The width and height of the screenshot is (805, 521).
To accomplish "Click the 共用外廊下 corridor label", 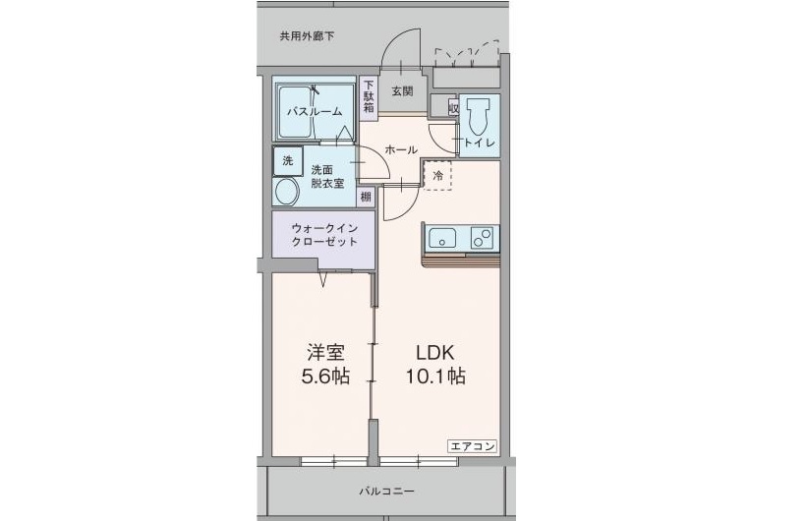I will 307,37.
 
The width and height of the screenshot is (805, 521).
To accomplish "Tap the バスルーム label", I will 314,111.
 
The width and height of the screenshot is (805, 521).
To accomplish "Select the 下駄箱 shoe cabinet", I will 369,97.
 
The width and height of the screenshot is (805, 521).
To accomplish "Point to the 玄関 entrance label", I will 401,91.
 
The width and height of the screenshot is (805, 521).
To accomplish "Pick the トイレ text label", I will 480,144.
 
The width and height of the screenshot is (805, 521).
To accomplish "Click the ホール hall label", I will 401,149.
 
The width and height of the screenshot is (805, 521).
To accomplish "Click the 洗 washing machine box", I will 287,160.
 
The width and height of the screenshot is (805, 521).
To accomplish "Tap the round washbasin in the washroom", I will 287,191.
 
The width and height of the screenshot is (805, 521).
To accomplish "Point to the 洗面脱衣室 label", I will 327,176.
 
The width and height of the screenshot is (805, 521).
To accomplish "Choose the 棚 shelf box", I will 366,196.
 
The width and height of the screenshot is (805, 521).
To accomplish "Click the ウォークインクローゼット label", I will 322,235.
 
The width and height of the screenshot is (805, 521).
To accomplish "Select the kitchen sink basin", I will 441,237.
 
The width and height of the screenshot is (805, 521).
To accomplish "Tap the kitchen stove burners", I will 482,237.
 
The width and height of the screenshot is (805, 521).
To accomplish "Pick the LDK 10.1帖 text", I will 433,364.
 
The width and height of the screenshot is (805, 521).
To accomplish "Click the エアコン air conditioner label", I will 473,445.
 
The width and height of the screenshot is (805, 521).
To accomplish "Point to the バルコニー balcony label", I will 386,491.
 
